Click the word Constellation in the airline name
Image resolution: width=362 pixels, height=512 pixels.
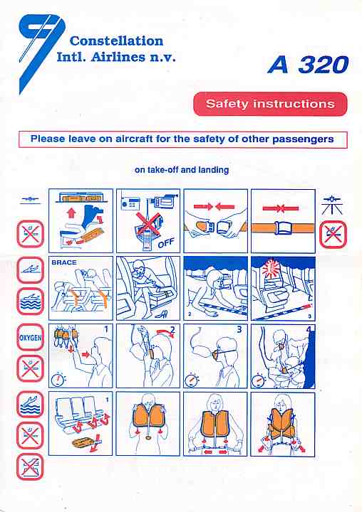(x=117, y=41)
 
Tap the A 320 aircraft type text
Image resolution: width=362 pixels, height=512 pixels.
(x=308, y=64)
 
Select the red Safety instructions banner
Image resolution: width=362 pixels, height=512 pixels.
(x=270, y=104)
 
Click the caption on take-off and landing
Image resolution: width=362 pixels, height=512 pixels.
(x=182, y=170)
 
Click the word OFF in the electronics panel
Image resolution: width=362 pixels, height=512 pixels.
(x=166, y=243)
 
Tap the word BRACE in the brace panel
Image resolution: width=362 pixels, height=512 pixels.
(x=64, y=262)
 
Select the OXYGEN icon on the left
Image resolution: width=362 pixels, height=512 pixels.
(x=30, y=337)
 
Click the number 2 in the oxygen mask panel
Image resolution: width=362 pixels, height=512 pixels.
(x=172, y=330)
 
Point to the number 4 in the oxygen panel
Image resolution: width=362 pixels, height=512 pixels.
(x=309, y=329)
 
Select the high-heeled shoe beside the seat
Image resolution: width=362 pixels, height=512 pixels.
(x=162, y=314)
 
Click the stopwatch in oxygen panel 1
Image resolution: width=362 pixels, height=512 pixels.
(x=58, y=379)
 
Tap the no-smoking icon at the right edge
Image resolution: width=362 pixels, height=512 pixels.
(x=333, y=235)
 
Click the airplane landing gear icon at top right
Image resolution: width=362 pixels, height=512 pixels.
(x=331, y=204)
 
